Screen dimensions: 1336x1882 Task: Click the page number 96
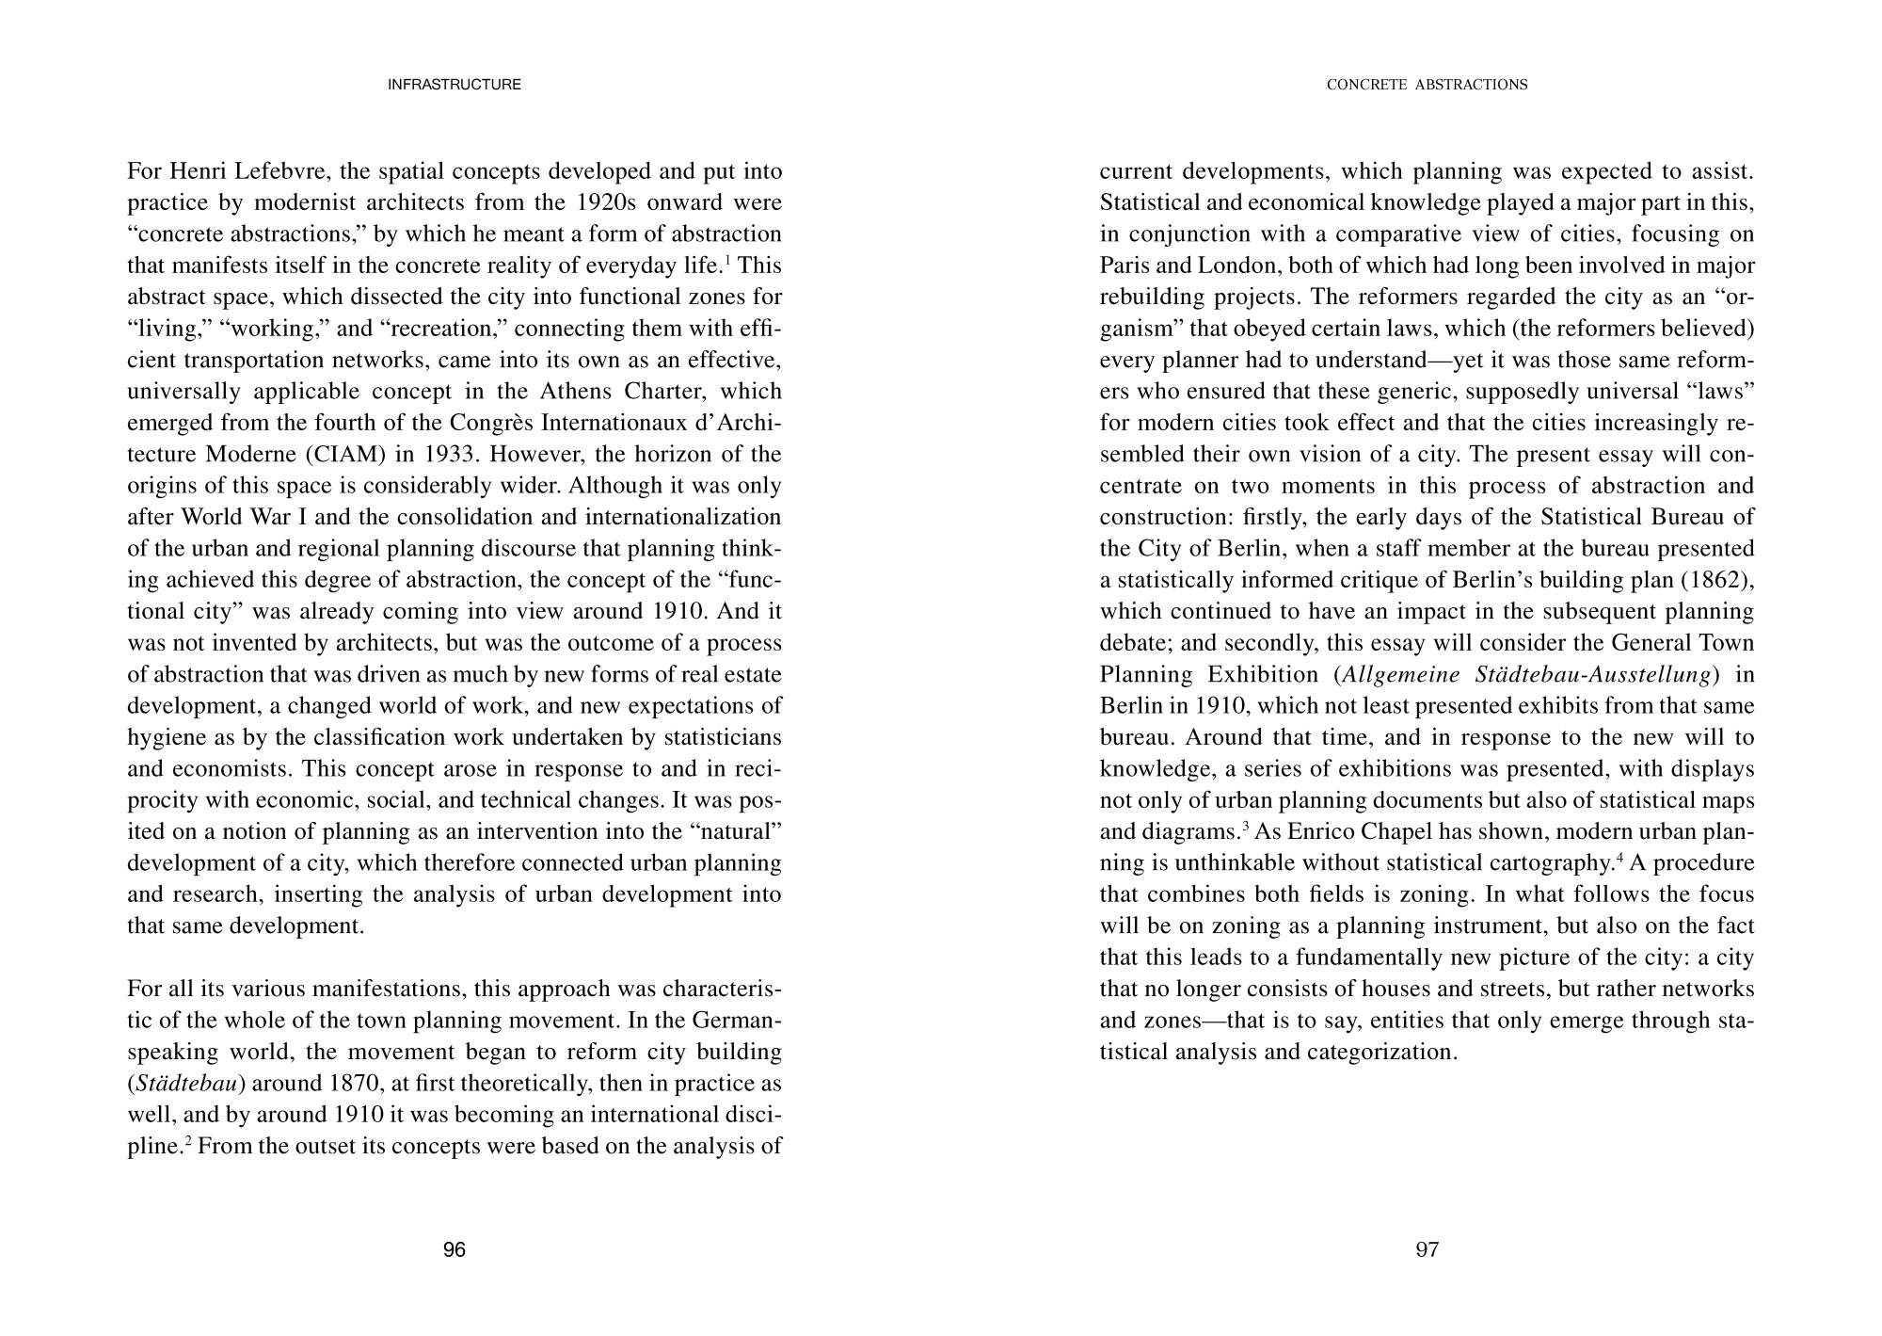(x=455, y=1249)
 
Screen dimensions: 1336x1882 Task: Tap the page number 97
(x=1427, y=1249)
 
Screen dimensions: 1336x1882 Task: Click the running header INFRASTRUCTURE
(x=455, y=85)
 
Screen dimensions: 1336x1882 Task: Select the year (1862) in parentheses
(x=1717, y=580)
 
